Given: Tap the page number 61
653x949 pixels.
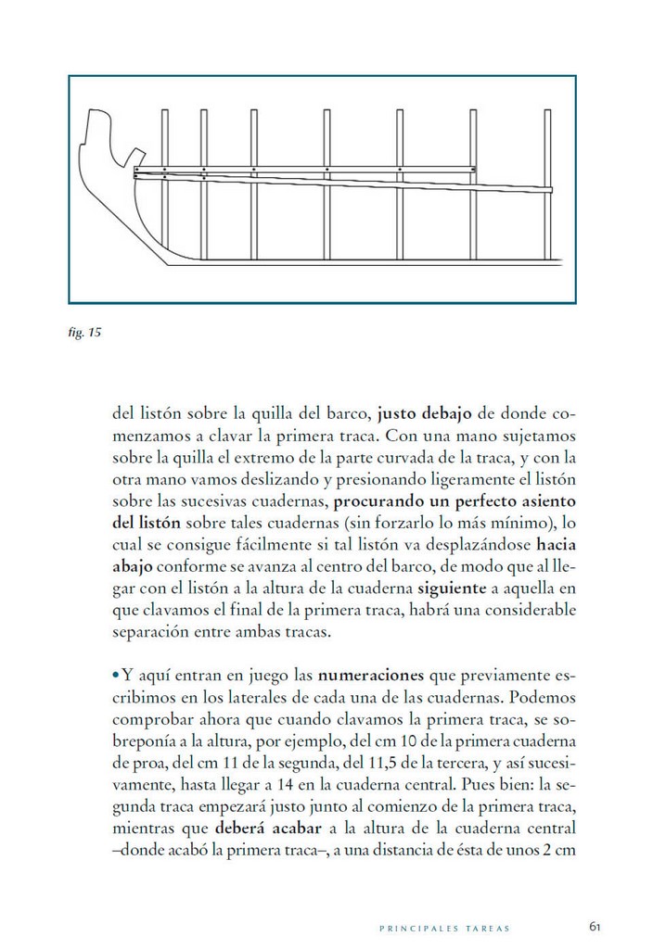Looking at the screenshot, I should pos(595,925).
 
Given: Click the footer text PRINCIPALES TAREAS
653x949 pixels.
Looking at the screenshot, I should pos(446,926).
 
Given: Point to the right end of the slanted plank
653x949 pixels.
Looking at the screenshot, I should pos(549,190).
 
